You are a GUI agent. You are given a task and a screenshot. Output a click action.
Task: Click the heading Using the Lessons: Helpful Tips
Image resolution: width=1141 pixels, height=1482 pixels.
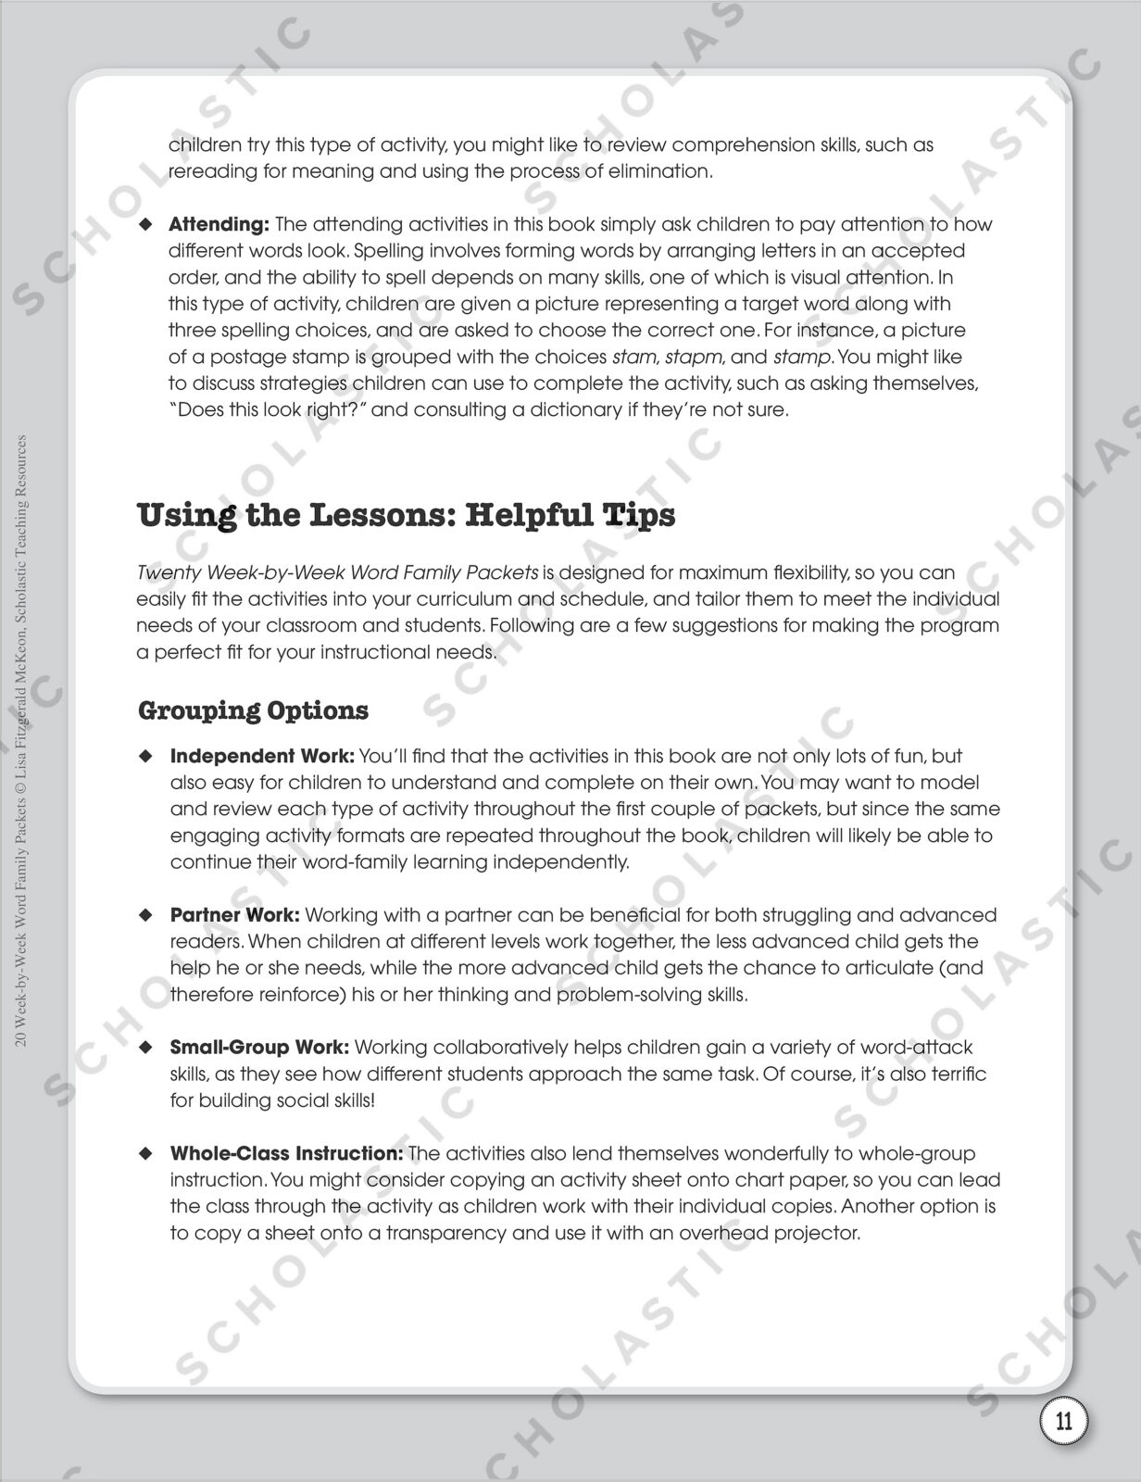point(406,515)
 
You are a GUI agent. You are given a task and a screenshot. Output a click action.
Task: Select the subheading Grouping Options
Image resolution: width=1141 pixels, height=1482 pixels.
point(253,710)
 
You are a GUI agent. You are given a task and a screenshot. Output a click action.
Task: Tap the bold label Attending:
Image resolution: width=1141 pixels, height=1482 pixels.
point(219,224)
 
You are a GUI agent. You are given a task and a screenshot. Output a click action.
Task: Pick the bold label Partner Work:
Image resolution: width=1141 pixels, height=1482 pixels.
point(235,915)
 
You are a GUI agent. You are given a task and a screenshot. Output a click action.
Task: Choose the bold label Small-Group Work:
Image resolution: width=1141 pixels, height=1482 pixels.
point(259,1048)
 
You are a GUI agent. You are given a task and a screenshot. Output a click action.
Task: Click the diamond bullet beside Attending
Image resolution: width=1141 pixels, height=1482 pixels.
point(144,224)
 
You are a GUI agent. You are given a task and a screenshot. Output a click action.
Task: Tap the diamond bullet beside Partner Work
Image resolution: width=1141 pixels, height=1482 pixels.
point(144,915)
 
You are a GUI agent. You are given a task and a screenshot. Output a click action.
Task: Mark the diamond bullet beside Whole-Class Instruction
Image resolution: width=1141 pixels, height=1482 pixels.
point(144,1154)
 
